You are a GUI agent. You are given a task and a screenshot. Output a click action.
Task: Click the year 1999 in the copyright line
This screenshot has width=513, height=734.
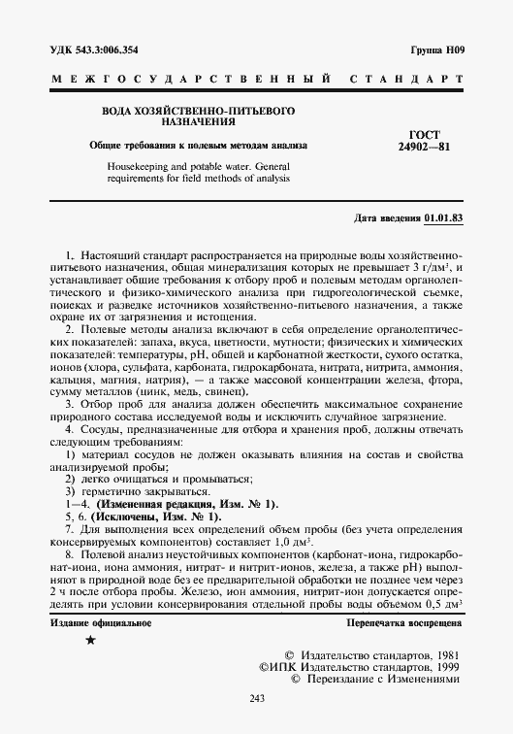445,669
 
